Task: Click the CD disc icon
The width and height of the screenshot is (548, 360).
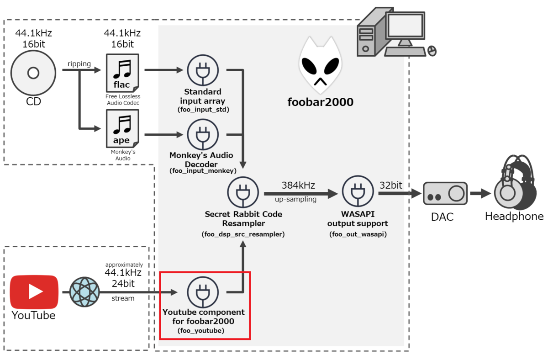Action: [33, 73]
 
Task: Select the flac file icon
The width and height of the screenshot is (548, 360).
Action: [121, 73]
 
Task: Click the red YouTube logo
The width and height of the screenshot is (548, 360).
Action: [34, 291]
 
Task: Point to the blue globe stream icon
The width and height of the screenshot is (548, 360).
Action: [84, 292]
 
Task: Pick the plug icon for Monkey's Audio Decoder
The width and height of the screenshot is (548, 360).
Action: [203, 135]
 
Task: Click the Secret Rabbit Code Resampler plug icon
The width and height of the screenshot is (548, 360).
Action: [243, 193]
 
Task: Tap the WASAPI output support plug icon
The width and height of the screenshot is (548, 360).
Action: [358, 193]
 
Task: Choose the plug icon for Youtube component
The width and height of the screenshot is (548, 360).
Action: [203, 292]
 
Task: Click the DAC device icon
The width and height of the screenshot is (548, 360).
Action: [445, 194]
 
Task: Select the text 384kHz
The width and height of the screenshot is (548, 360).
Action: [298, 185]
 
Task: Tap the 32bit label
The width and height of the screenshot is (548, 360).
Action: [390, 185]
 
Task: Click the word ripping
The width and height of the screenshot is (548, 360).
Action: [79, 64]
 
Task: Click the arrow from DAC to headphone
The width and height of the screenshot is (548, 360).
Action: [480, 194]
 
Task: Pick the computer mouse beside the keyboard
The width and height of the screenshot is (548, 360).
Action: [432, 50]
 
